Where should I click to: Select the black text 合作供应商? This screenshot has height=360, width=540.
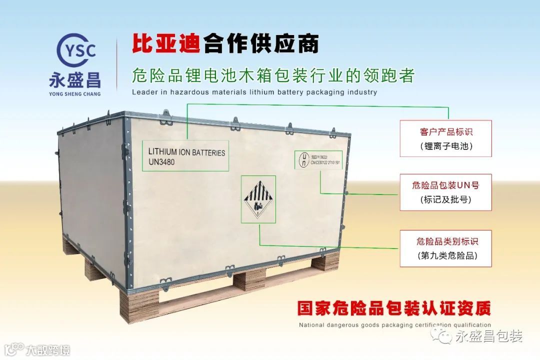(261, 44)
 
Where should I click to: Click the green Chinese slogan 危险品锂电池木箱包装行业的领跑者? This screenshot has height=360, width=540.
(273, 75)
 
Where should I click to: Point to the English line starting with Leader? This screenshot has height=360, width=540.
(254, 92)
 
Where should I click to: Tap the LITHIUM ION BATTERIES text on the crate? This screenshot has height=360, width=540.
(186, 152)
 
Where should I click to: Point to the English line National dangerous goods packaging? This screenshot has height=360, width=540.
(394, 325)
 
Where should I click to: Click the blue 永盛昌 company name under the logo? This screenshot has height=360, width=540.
(74, 80)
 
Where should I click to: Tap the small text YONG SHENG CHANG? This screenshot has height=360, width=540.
(74, 93)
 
